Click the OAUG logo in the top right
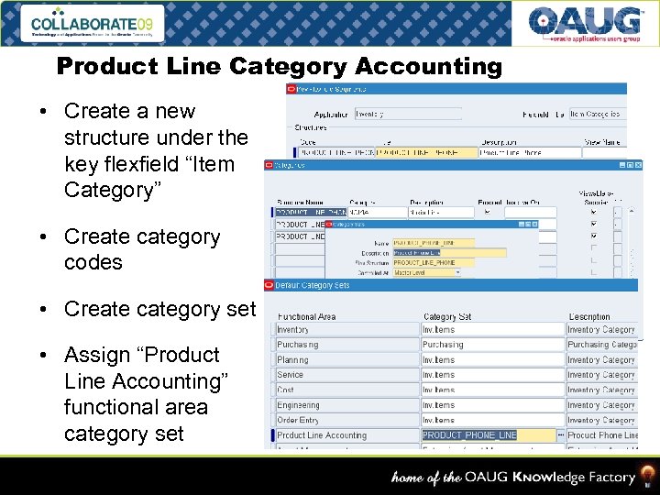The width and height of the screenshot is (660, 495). click(585, 24)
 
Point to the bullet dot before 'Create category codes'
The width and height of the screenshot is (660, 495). click(44, 236)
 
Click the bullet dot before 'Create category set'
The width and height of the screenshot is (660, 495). click(44, 309)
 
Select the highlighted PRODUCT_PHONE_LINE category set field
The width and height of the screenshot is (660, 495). click(486, 435)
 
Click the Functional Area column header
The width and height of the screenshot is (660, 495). click(307, 317)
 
